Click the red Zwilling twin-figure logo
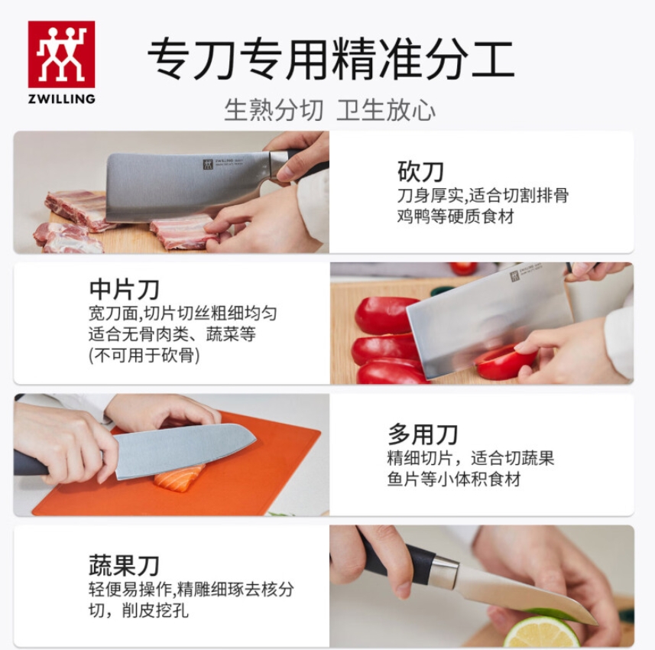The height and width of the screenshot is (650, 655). [61, 54]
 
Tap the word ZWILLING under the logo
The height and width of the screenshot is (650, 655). [62, 99]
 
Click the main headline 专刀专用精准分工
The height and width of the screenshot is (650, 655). [330, 60]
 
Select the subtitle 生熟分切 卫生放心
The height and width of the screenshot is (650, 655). [329, 110]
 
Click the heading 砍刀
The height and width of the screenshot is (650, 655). [420, 171]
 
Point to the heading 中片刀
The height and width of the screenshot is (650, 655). [124, 289]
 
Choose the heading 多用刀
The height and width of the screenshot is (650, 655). [423, 434]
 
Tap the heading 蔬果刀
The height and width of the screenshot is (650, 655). [124, 565]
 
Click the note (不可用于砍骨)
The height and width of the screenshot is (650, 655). [144, 356]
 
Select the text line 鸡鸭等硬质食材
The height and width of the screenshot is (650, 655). [456, 216]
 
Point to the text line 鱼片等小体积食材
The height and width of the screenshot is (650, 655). [454, 479]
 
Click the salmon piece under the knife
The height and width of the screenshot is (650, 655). [180, 478]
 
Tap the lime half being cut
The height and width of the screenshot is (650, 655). [542, 632]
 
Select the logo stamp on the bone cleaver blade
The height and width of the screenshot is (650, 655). [208, 164]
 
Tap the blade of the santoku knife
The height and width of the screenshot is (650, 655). [183, 450]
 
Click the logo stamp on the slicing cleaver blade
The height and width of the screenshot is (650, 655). [514, 276]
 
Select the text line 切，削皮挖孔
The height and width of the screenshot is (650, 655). [138, 611]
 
